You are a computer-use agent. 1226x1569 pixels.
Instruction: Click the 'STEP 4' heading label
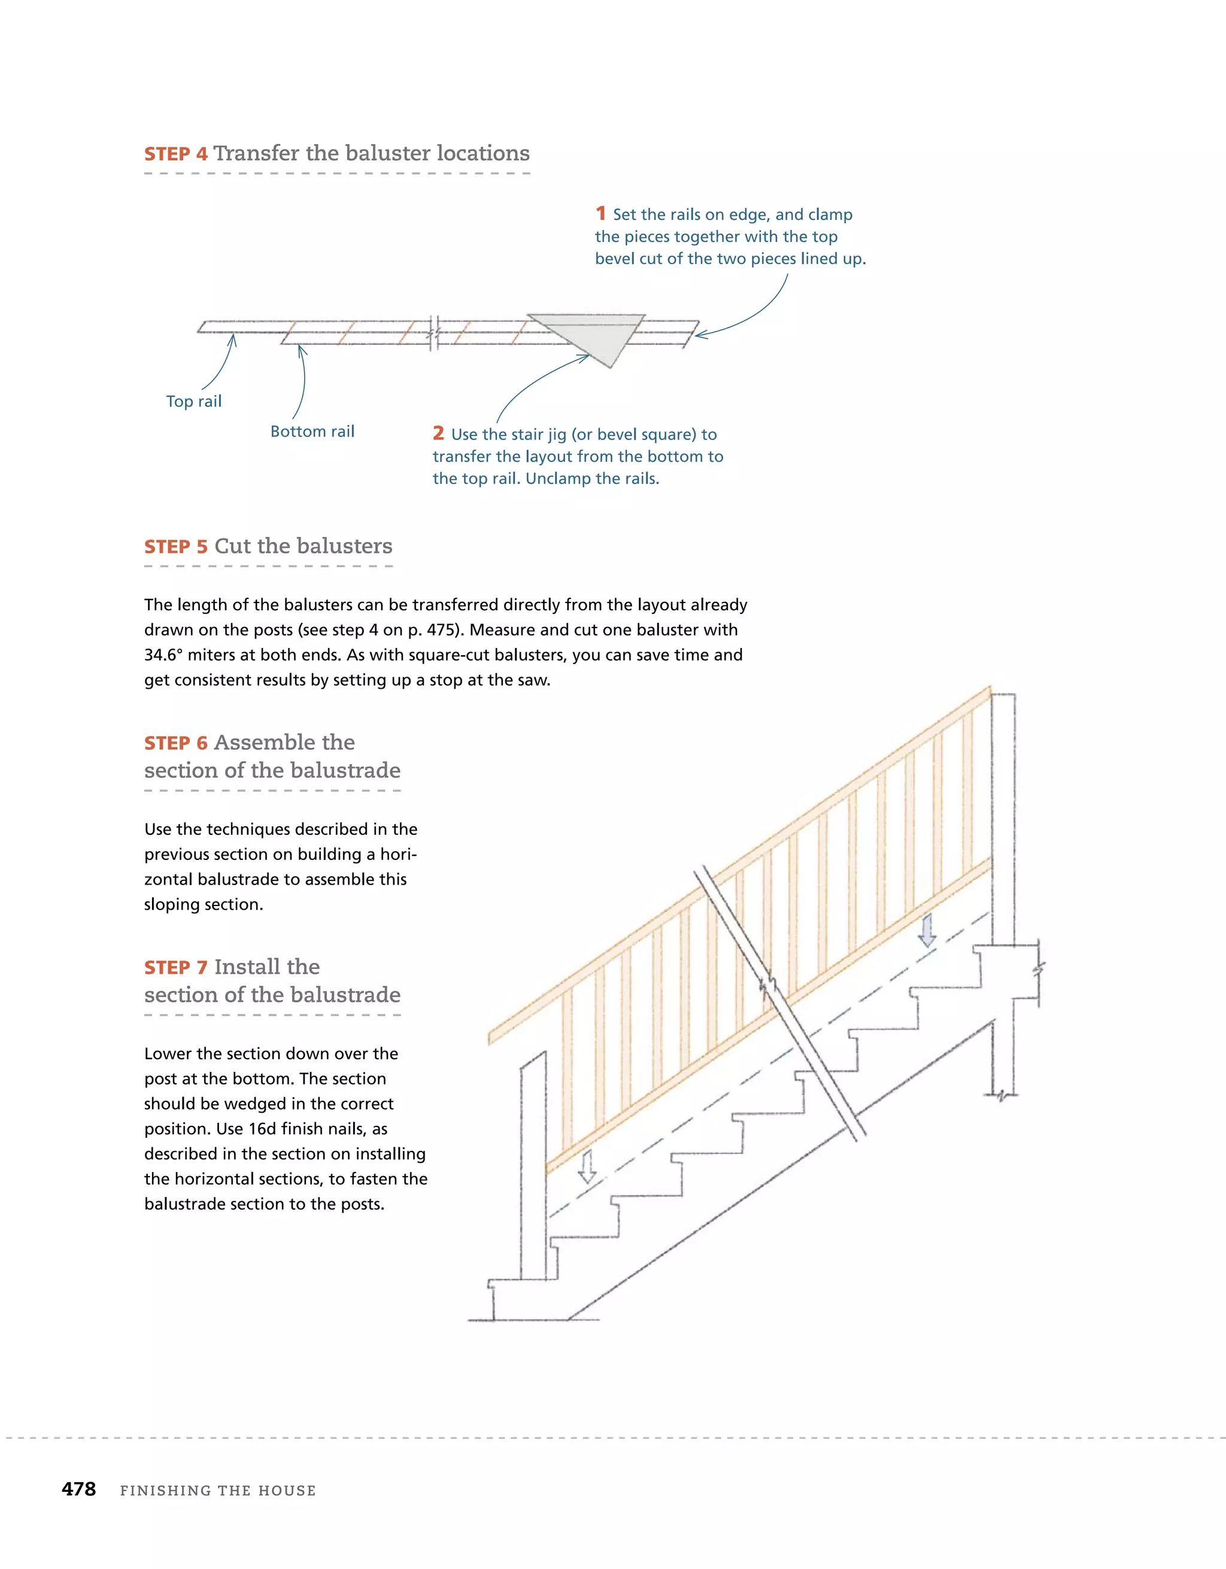tap(176, 155)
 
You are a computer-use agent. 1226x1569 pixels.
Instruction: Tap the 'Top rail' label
tap(194, 402)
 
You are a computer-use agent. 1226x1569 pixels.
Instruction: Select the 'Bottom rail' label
tap(312, 432)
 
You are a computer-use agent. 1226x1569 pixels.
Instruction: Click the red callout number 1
tap(600, 213)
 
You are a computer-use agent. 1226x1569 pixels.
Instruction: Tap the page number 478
tap(79, 1489)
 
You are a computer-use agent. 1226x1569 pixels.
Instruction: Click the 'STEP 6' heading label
tap(176, 743)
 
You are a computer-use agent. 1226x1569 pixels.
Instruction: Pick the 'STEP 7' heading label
tap(176, 968)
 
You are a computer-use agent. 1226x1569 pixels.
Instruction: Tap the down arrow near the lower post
tap(587, 1167)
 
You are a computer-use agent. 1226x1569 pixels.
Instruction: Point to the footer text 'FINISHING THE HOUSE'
tap(218, 1491)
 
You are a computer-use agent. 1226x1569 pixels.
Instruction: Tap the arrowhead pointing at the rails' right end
tap(699, 335)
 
